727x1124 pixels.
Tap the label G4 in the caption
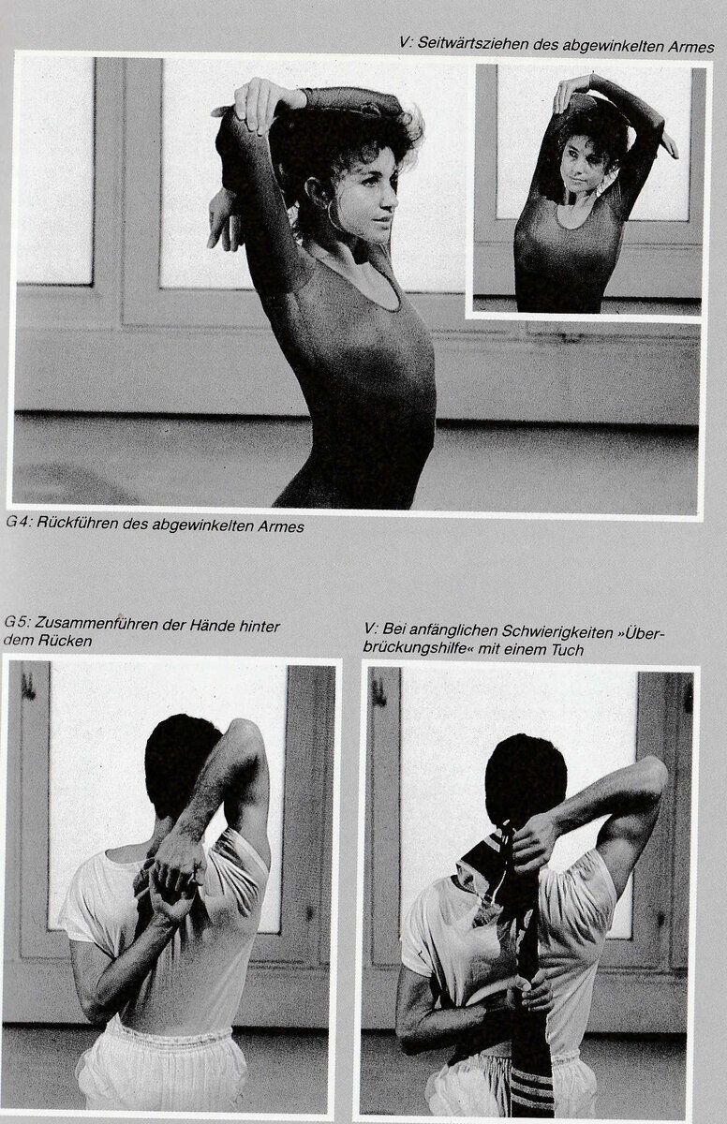pos(19,522)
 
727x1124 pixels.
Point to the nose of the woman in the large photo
pos(391,200)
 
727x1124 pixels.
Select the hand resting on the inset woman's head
pos(568,96)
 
